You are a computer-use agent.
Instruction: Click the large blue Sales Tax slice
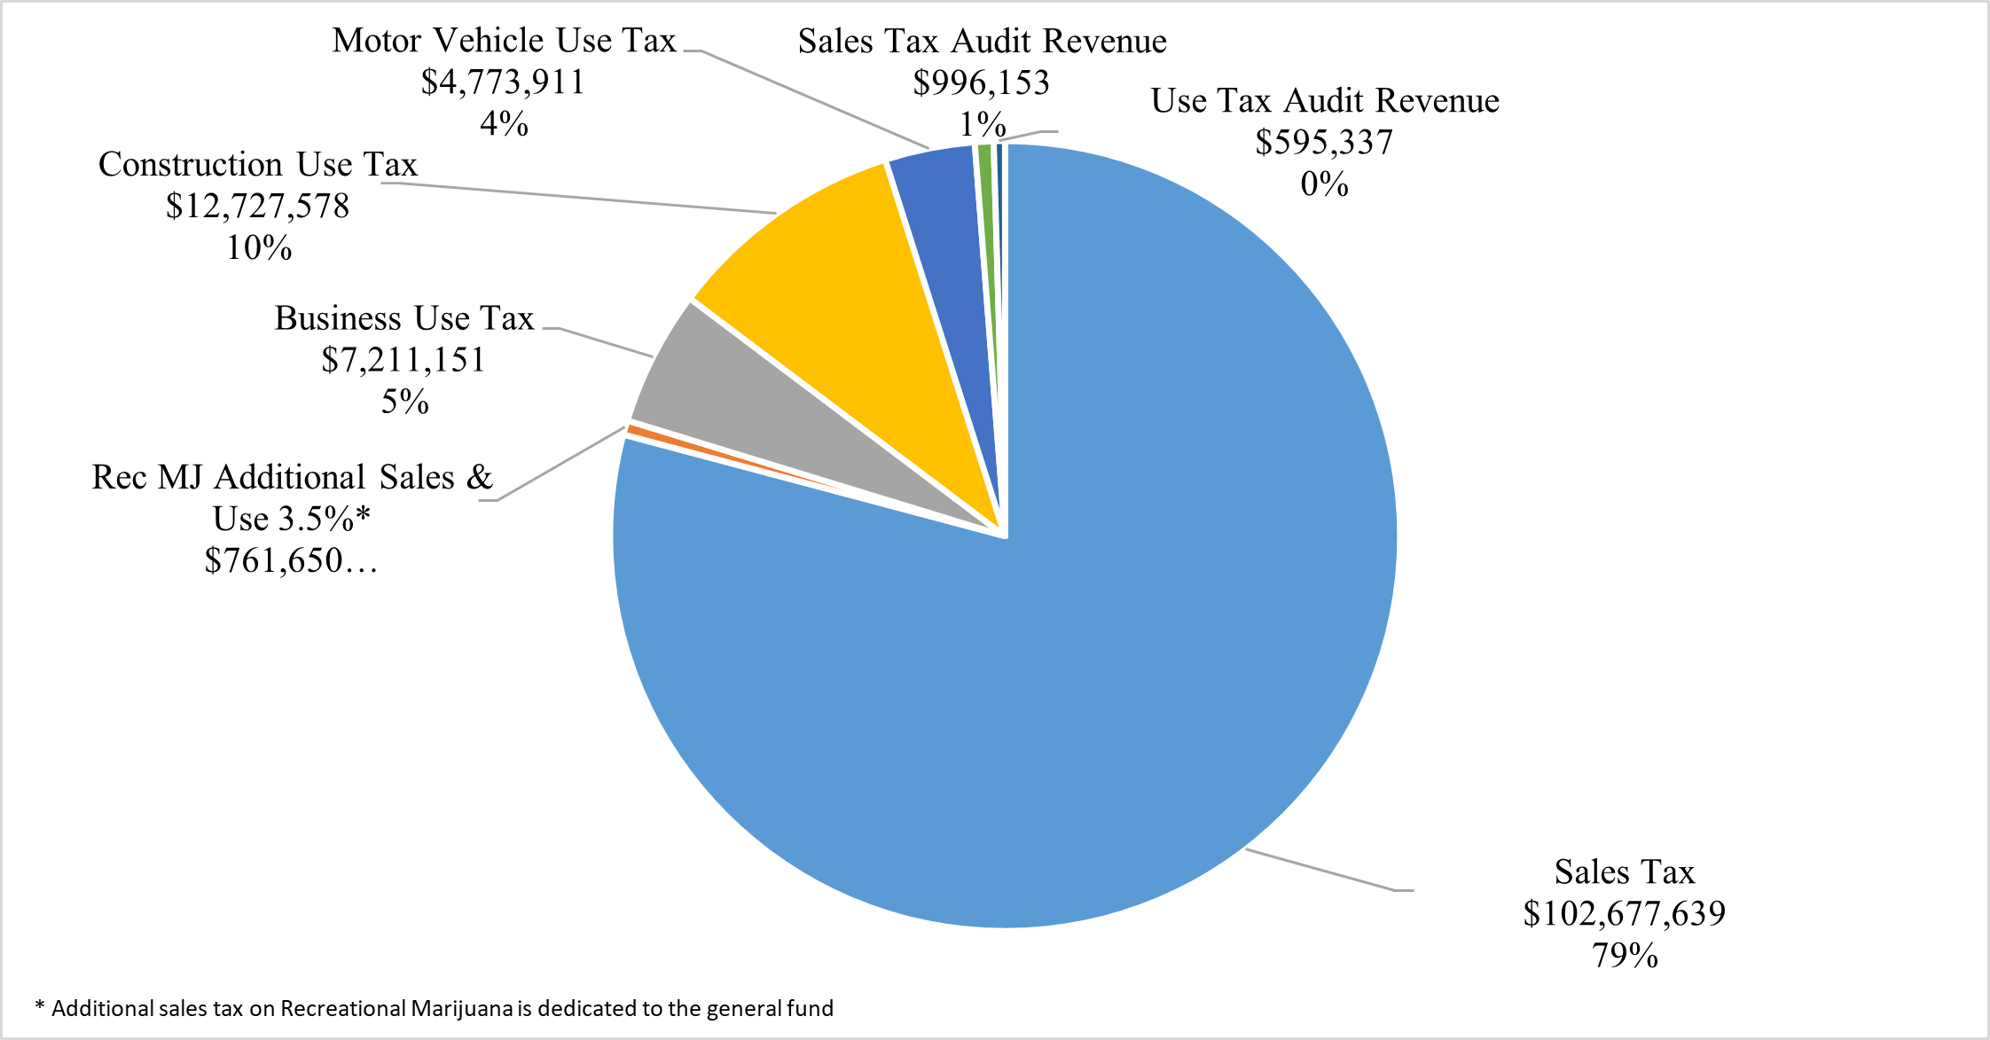1109,665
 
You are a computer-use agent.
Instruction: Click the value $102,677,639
1624,914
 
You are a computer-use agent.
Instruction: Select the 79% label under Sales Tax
1624,956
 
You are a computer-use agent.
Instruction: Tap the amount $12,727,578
257,207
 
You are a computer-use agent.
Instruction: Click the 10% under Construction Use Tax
258,248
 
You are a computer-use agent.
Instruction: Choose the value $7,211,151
403,360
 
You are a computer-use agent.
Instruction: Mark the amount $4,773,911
503,82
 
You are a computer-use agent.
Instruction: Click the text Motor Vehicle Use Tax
504,41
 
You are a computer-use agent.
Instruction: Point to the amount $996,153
981,83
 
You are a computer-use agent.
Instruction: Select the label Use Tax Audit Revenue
1324,101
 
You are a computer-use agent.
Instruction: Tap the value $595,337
1324,143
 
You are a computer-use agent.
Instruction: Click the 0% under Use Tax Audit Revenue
1324,184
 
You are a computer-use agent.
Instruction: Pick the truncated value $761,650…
291,560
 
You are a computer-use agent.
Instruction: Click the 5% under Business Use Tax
404,403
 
